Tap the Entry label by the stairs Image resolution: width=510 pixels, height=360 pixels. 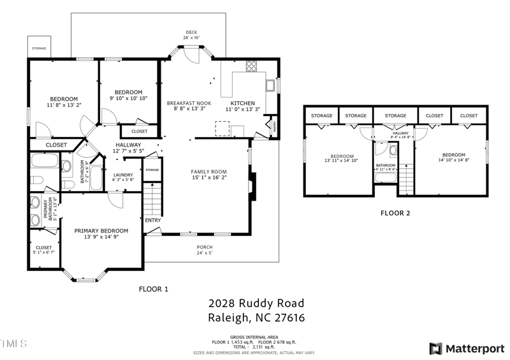point(153,220)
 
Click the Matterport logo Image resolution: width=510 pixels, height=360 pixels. point(466,349)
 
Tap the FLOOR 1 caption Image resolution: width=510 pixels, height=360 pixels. point(154,289)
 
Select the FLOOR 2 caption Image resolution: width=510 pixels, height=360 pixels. point(395,213)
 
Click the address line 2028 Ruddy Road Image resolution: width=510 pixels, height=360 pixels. point(256,303)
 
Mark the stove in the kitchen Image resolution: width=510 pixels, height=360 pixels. point(251,66)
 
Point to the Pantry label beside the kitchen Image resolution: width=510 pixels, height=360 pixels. point(275,127)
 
